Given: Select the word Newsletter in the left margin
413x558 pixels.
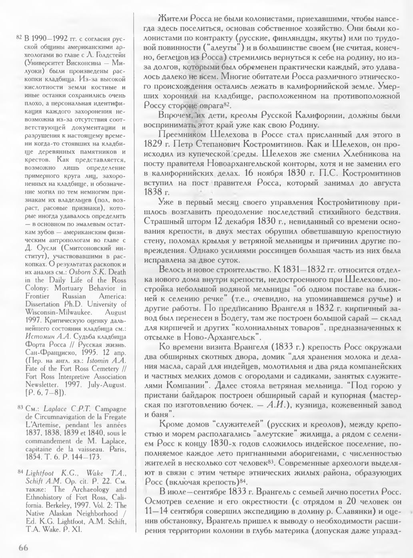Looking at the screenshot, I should click(42, 384).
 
